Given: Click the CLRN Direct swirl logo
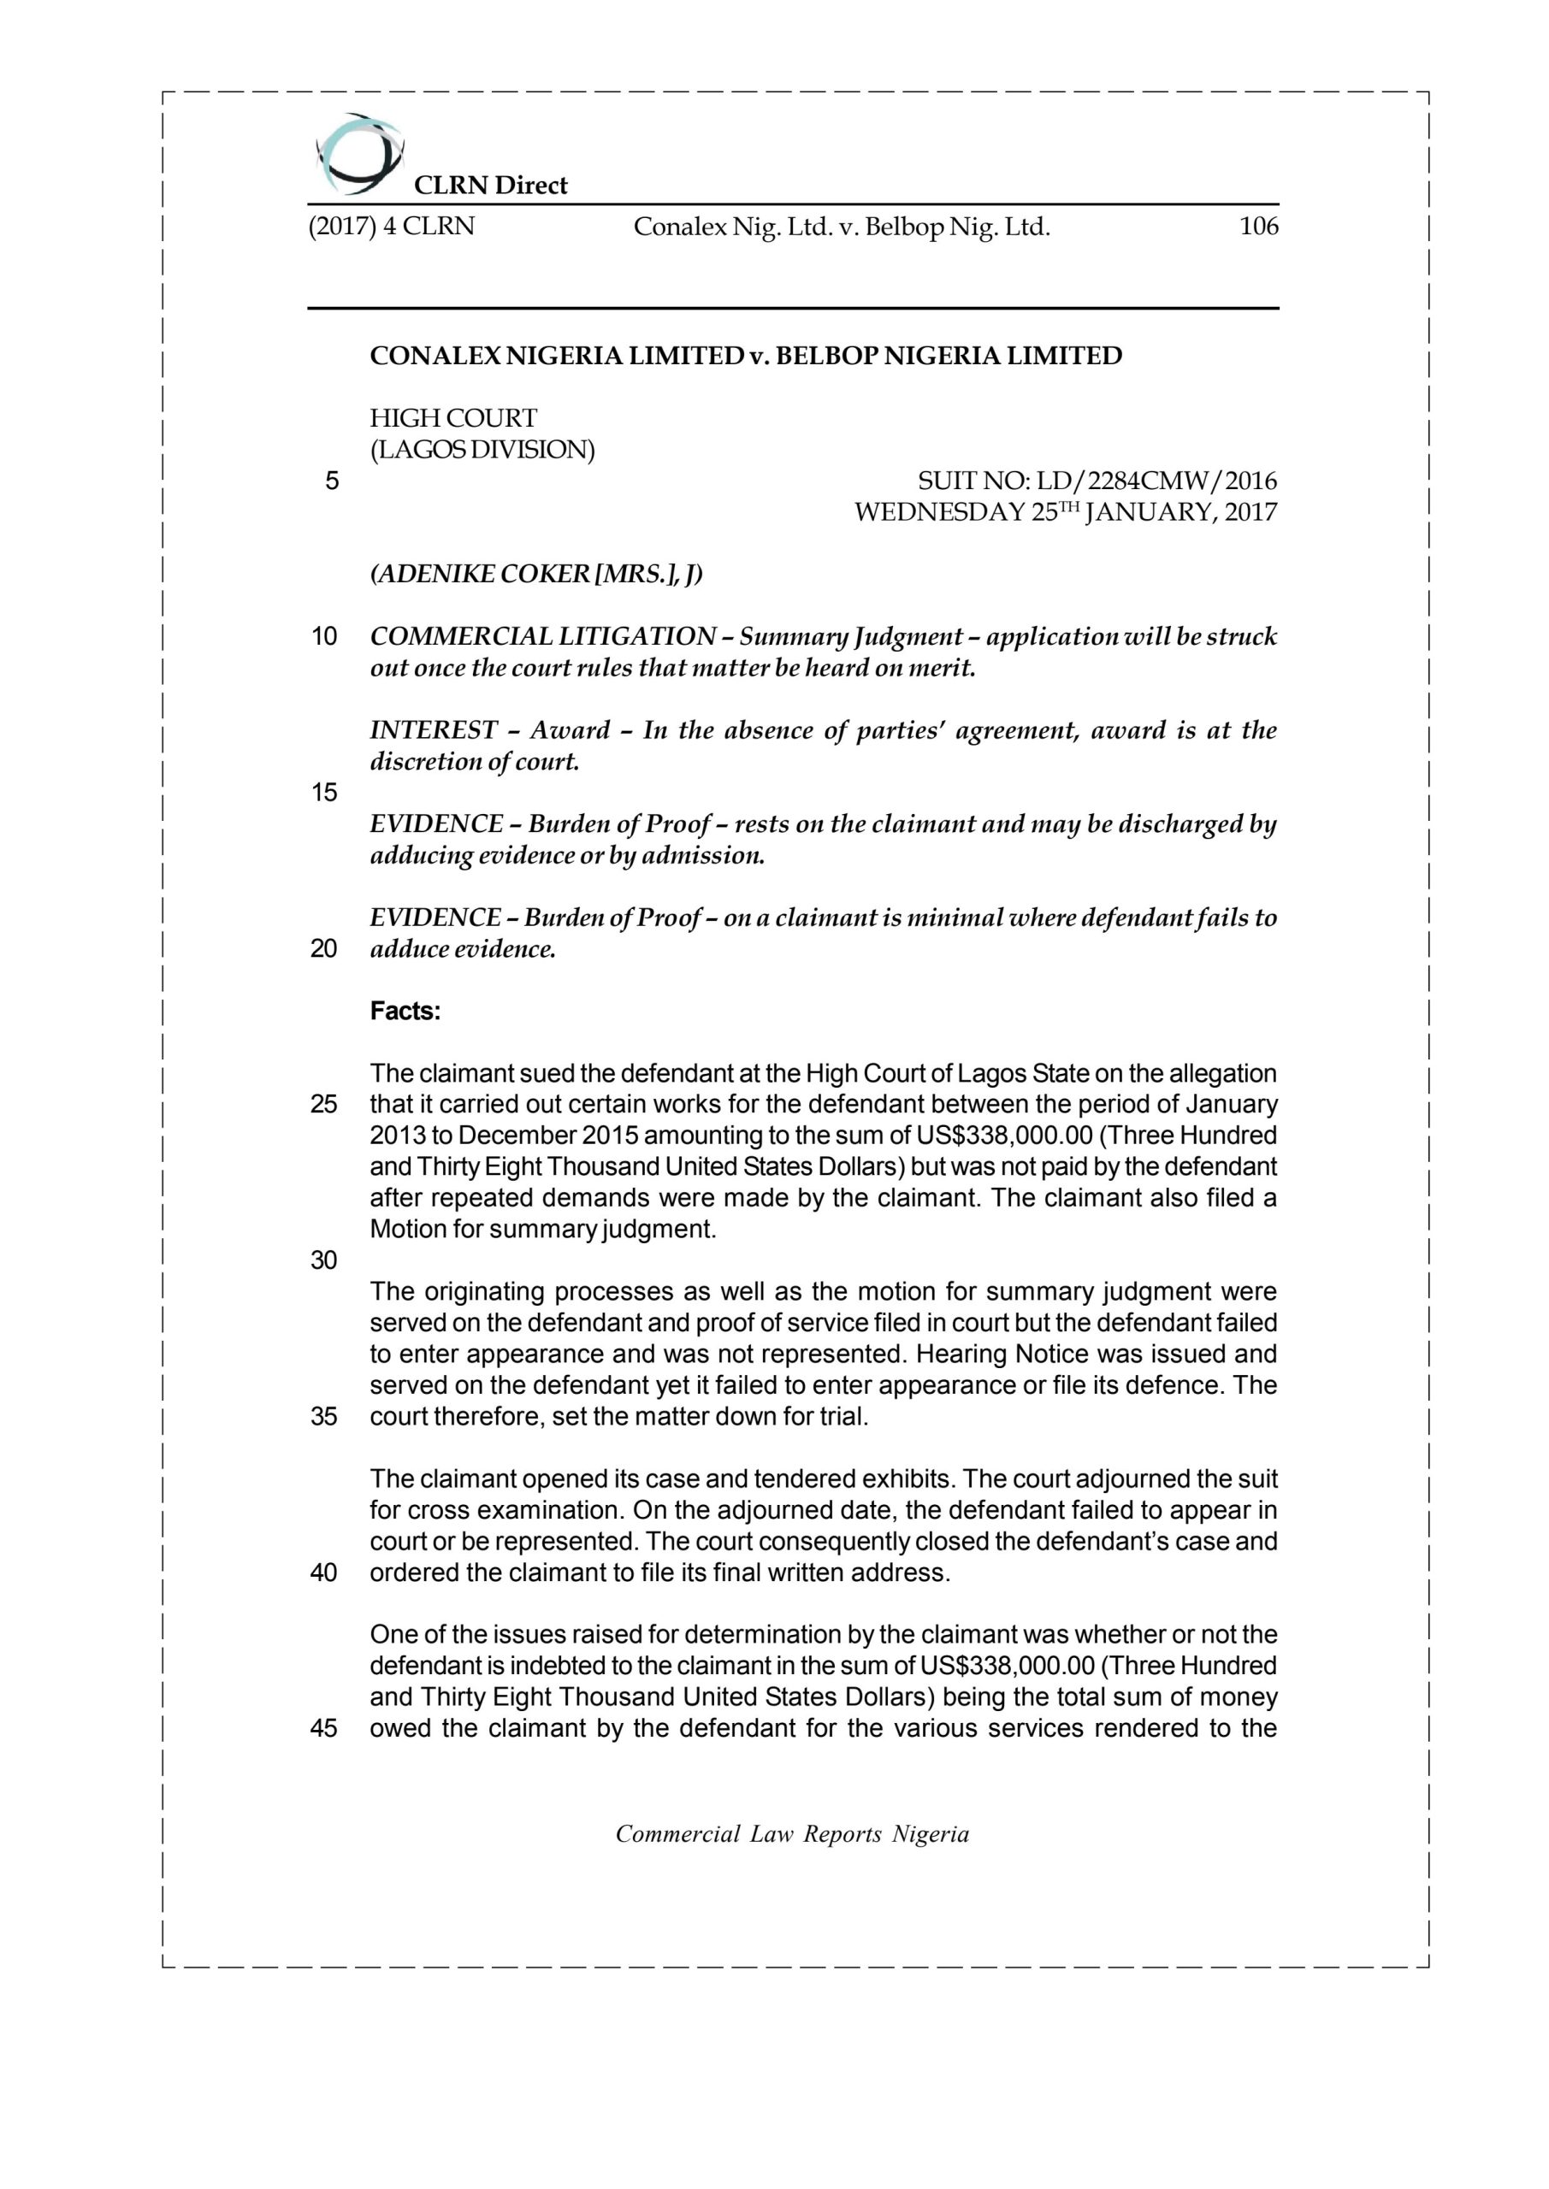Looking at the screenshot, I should pos(358,151).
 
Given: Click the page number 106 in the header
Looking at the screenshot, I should pos(1258,227).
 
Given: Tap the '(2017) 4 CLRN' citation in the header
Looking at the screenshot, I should pos(391,227).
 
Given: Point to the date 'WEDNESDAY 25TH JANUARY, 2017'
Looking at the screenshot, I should pos(1066,513).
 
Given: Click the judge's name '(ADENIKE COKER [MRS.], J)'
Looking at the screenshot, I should pos(536,574).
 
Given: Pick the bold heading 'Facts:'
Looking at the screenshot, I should pos(405,1012).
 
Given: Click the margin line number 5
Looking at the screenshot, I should pos(331,481).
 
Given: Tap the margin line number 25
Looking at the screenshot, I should pos(324,1105).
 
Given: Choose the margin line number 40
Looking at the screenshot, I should pos(324,1573).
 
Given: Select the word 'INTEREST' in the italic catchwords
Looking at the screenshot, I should pos(433,730).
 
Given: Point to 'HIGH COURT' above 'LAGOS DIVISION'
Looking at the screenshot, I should pos(453,418).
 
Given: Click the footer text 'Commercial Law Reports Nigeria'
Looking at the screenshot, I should pos(792,1834).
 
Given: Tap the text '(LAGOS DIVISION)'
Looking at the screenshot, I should pos(482,450).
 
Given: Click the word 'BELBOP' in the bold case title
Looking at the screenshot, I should pos(827,357).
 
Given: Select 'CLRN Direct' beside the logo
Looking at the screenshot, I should pos(490,185).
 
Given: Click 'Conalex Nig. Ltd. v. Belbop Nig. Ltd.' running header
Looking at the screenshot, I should pos(842,227).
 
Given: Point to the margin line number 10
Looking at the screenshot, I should pos(324,637).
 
